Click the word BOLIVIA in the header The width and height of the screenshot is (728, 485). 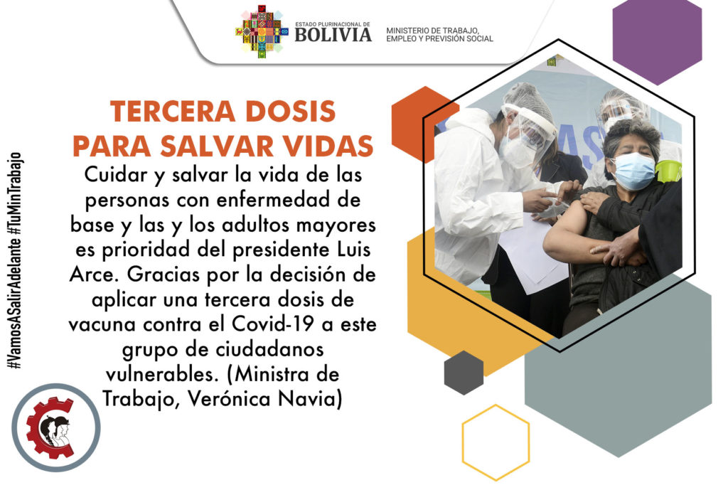[x=333, y=35]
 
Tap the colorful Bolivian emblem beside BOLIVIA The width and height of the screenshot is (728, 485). [x=262, y=31]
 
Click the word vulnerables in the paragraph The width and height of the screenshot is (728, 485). [x=161, y=374]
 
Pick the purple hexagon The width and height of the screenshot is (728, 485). [x=657, y=41]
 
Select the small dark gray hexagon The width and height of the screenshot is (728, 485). [x=464, y=373]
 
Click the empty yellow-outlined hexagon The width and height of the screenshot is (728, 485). [x=496, y=442]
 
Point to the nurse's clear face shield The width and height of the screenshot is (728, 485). [x=528, y=132]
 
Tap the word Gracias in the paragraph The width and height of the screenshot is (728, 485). [x=164, y=275]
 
